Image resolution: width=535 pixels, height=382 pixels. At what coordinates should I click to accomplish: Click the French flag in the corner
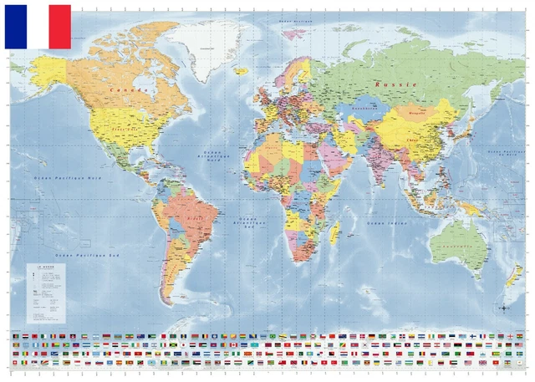(38, 26)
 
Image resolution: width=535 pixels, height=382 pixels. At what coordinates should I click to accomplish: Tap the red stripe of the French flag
(60, 26)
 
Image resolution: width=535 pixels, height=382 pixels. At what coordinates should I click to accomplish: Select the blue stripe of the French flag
(15, 26)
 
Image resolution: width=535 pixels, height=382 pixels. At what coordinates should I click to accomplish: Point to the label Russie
(390, 84)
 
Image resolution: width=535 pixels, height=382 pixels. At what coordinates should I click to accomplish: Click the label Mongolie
(415, 109)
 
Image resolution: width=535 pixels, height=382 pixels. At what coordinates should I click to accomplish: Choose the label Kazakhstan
(364, 108)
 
